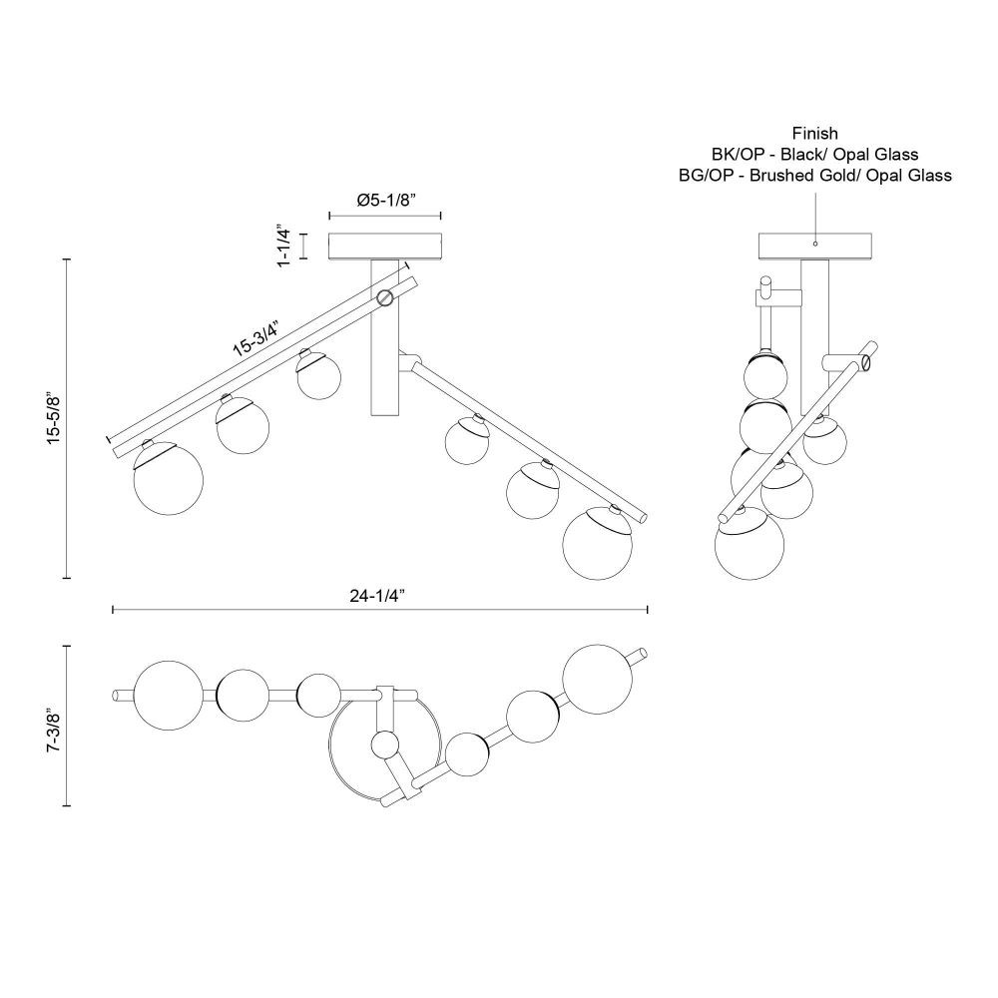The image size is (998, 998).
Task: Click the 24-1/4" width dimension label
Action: pyautogui.click(x=377, y=596)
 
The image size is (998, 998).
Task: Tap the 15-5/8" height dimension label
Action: pyautogui.click(x=55, y=419)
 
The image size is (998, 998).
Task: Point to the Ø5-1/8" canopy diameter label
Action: pyautogui.click(x=385, y=200)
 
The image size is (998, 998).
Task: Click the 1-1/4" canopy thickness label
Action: pyautogui.click(x=283, y=246)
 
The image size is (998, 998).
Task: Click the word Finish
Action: pyautogui.click(x=814, y=133)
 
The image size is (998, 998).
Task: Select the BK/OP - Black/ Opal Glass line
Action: pyautogui.click(x=814, y=154)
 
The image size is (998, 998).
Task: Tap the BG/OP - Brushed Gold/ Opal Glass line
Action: pyautogui.click(x=814, y=175)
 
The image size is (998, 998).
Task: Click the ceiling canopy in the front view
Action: pyautogui.click(x=385, y=247)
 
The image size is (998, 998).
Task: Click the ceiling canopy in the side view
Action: pyautogui.click(x=815, y=247)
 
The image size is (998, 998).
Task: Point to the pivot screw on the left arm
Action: pyautogui.click(x=384, y=297)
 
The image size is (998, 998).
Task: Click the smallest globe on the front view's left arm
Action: pyautogui.click(x=318, y=376)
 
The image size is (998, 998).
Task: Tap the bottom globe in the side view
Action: pyautogui.click(x=749, y=544)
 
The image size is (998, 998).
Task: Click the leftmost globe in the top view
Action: pyautogui.click(x=168, y=695)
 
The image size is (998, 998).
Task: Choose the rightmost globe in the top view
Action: pyautogui.click(x=598, y=679)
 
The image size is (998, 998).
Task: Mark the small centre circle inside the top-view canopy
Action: pyautogui.click(x=384, y=745)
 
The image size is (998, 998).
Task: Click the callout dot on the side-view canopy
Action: pyautogui.click(x=815, y=244)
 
